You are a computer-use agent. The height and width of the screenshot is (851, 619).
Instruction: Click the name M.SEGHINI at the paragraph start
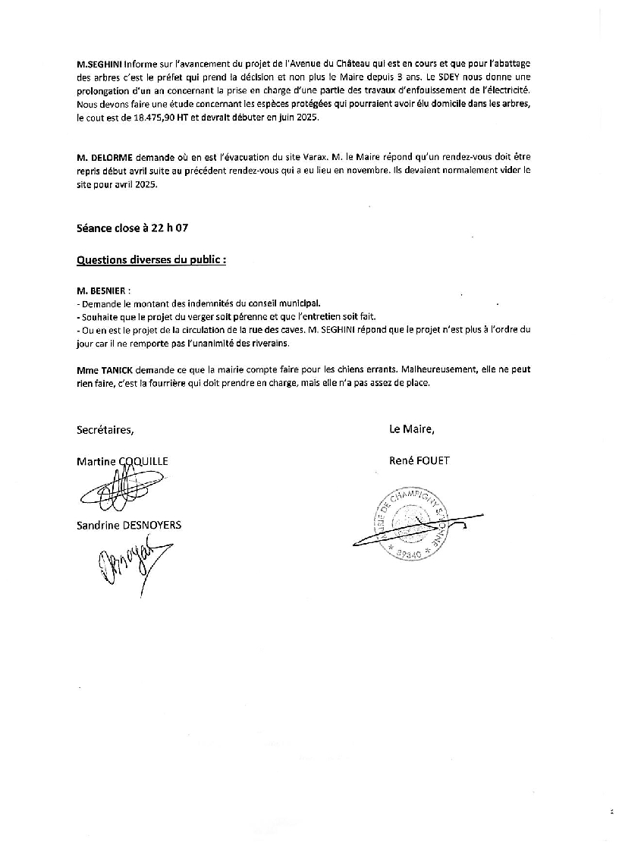(x=99, y=64)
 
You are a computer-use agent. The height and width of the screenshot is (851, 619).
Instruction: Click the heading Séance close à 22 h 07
(x=132, y=228)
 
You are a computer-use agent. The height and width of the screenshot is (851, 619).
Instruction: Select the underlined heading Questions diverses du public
(x=151, y=259)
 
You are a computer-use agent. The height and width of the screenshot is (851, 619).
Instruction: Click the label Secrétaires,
(x=105, y=429)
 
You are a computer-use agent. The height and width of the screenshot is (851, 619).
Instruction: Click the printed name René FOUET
(x=419, y=460)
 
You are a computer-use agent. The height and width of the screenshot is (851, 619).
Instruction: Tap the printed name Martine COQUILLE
(x=122, y=461)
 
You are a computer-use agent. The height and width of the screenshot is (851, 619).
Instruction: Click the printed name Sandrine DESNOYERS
(x=129, y=525)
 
